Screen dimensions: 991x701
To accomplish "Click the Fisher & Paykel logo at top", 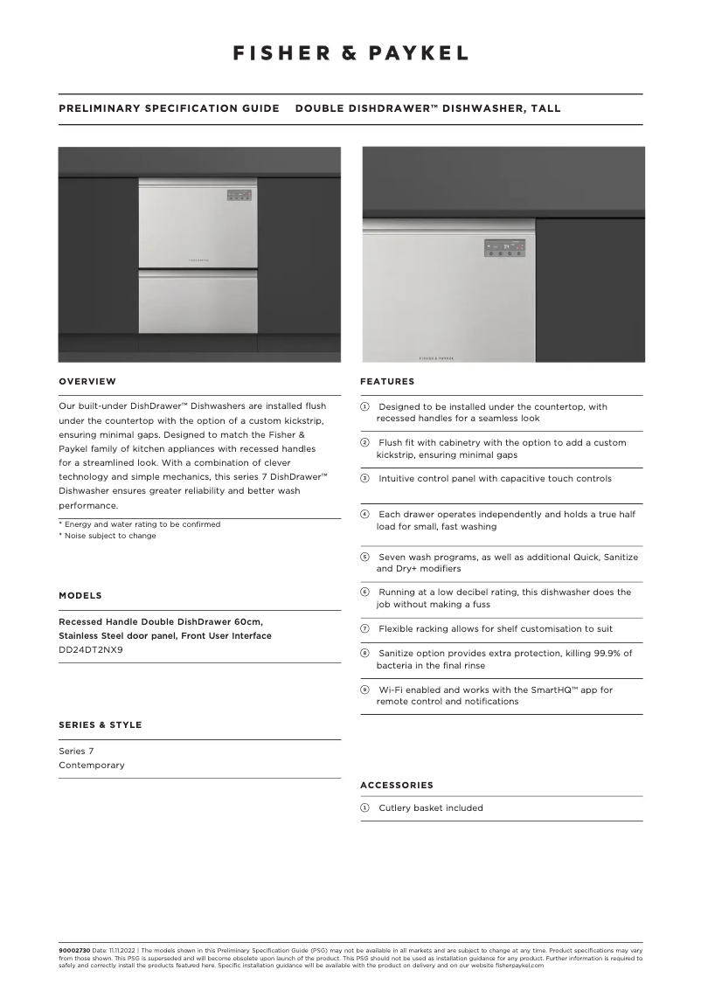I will click(x=350, y=53).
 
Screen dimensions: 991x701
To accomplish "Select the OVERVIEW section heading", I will click(x=87, y=381).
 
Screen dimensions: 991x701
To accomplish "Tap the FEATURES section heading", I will click(x=387, y=381).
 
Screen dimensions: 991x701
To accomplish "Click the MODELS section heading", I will click(x=80, y=595).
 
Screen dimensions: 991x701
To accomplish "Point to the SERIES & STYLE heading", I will click(x=100, y=724).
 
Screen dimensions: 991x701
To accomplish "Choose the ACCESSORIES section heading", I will click(x=397, y=785).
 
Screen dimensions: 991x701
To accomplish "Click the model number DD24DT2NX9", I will click(x=91, y=649).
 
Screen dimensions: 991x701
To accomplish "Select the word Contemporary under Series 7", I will click(x=92, y=765).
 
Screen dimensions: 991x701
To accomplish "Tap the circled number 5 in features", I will click(x=365, y=557).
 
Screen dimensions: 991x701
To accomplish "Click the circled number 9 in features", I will click(x=365, y=690).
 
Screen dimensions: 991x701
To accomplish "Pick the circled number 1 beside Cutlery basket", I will click(x=365, y=807).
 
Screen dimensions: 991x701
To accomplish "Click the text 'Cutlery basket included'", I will click(x=430, y=807).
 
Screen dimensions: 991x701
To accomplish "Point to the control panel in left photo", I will click(x=239, y=196).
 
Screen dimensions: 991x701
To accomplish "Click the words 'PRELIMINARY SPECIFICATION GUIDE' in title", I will click(x=169, y=108).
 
